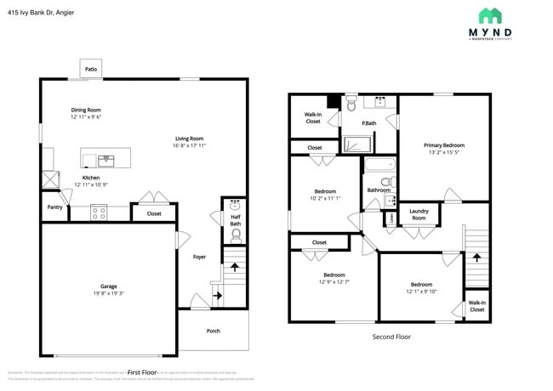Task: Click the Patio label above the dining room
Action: point(90,68)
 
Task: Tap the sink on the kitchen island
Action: point(106,158)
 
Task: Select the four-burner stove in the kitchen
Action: point(99,212)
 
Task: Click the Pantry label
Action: point(54,207)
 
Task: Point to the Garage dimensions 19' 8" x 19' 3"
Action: point(109,293)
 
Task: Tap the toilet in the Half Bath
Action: point(236,233)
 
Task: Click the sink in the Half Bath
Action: point(236,206)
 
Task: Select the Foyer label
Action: point(199,257)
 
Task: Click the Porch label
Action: point(213,331)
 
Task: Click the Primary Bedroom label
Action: point(444,145)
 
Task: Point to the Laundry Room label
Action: point(419,214)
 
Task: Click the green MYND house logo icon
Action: point(489,16)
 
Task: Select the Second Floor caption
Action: point(391,337)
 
